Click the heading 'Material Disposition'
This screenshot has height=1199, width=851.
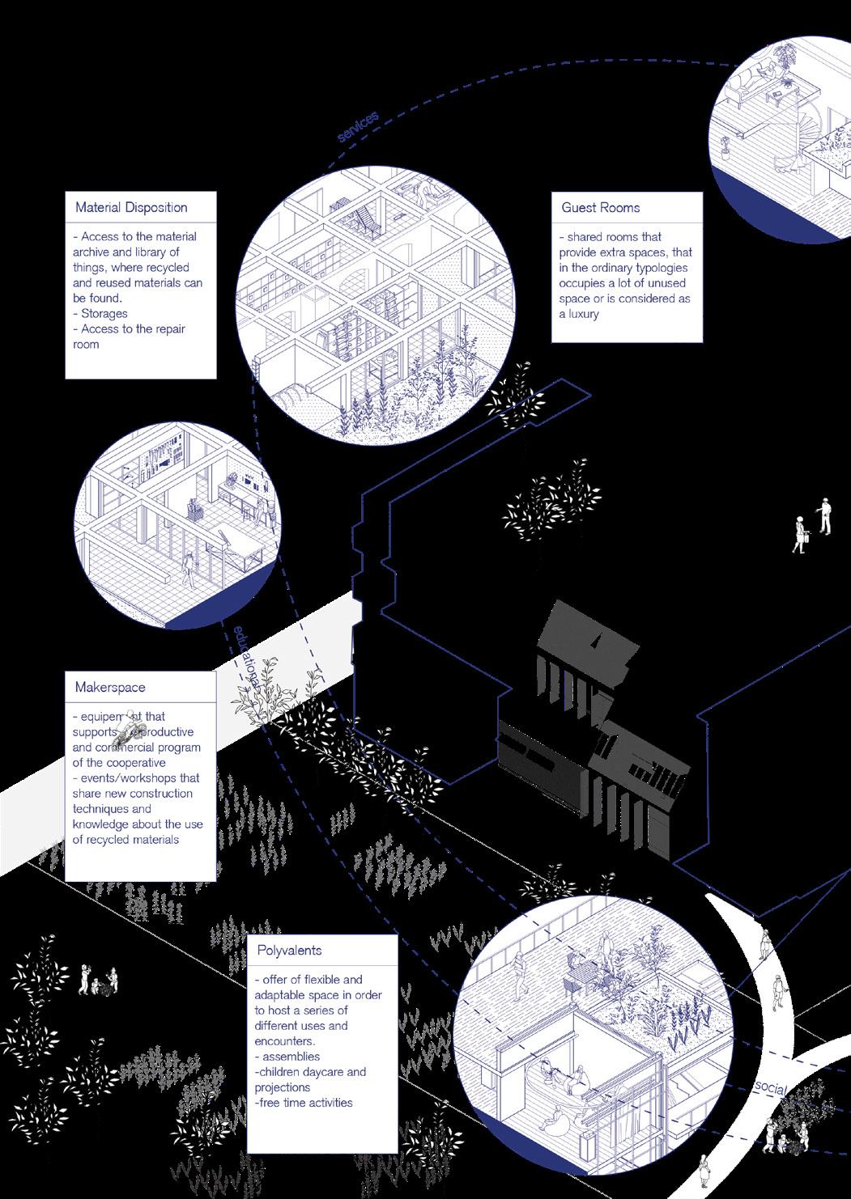[x=131, y=207]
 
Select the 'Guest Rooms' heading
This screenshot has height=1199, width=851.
[x=600, y=207]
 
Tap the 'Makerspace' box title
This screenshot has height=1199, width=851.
[x=110, y=688]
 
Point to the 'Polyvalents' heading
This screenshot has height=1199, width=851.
[x=290, y=951]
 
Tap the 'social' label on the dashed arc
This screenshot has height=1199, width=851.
[x=770, y=1087]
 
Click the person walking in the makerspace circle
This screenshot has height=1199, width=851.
[x=189, y=570]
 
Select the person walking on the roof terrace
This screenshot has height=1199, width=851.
[x=520, y=970]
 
